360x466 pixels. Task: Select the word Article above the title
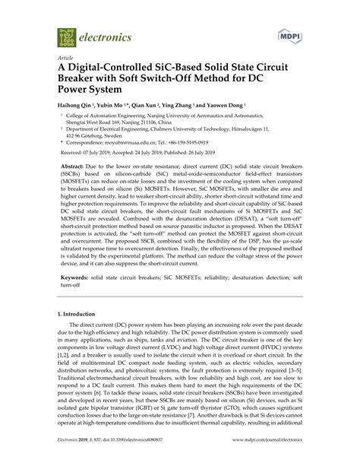tap(67, 58)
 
